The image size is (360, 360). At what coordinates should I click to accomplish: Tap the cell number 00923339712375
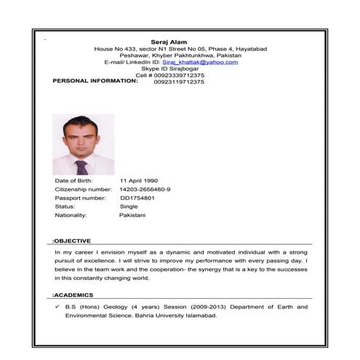point(179,75)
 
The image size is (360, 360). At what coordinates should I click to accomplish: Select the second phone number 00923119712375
point(179,82)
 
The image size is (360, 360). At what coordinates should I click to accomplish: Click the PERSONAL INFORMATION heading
point(95,81)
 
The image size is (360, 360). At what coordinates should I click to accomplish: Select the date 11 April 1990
point(138,180)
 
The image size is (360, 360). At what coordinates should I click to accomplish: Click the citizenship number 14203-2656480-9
point(145,189)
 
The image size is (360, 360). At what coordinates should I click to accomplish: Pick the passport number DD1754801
point(137,198)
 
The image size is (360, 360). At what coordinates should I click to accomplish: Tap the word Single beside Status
point(129,207)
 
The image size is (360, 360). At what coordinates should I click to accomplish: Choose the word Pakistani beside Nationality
point(132,215)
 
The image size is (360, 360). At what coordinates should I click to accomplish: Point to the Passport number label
point(80,198)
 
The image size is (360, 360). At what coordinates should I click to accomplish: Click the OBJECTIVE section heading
point(72,240)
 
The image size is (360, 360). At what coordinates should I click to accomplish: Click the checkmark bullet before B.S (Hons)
point(57,307)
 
